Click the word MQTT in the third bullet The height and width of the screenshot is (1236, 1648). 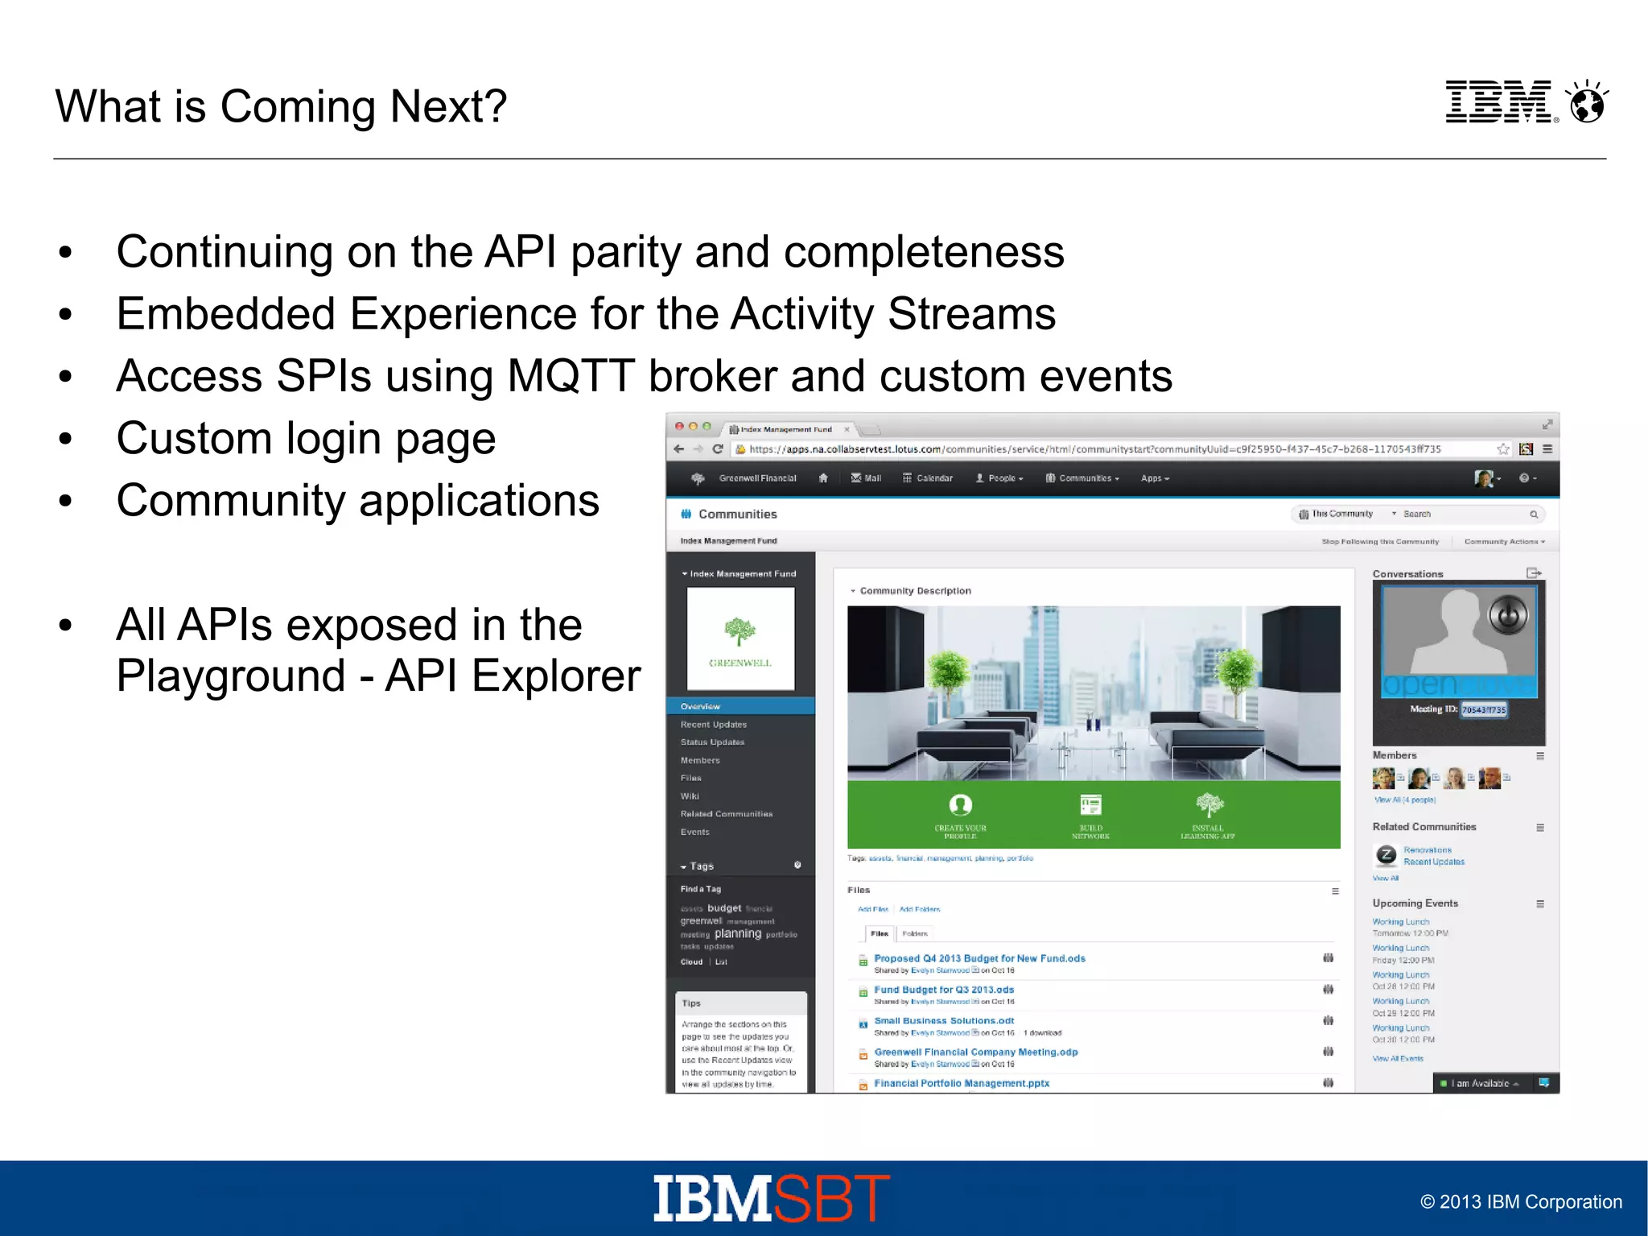click(x=571, y=376)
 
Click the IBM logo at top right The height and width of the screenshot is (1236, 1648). click(x=1498, y=102)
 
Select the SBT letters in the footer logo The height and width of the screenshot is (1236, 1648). click(x=832, y=1199)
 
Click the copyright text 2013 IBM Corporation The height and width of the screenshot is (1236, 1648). click(x=1521, y=1202)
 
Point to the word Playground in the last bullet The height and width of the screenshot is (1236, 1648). click(x=230, y=676)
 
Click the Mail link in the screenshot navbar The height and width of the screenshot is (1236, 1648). click(x=867, y=478)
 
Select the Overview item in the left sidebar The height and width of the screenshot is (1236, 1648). click(x=700, y=706)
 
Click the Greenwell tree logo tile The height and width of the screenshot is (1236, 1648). click(x=740, y=639)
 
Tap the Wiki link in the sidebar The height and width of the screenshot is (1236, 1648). click(x=690, y=796)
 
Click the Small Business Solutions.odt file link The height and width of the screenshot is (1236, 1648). click(x=944, y=1020)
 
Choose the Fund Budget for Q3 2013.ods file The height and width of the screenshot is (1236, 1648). click(x=944, y=990)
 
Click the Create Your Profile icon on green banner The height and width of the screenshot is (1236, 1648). click(x=960, y=804)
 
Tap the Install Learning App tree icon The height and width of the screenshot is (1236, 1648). click(x=1209, y=804)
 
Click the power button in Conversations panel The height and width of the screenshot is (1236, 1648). click(x=1507, y=616)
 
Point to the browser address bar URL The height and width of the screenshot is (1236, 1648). click(x=1094, y=449)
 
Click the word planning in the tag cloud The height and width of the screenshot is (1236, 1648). click(x=737, y=933)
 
